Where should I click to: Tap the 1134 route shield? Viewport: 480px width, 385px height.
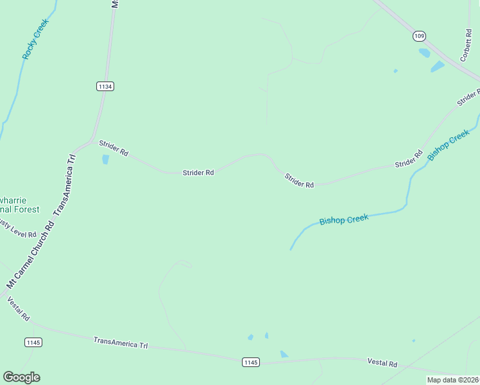[106, 86]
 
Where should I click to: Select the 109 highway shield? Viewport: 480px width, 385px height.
[419, 37]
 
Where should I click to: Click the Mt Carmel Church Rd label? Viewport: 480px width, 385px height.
[30, 255]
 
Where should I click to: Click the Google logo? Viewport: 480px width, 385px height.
[21, 377]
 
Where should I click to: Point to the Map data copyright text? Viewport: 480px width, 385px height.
[452, 380]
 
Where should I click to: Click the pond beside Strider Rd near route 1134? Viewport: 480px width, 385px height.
[105, 159]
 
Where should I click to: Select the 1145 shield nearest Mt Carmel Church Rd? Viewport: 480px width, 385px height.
[33, 342]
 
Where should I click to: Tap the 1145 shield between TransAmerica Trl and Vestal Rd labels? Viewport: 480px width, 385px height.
[251, 363]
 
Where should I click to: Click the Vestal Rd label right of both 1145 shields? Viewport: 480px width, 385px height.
[382, 363]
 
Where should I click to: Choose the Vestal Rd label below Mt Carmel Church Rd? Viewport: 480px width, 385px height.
[18, 309]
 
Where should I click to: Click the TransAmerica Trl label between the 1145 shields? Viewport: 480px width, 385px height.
[120, 343]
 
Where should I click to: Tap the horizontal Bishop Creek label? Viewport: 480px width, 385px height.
[344, 220]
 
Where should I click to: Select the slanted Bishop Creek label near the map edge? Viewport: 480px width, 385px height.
[449, 145]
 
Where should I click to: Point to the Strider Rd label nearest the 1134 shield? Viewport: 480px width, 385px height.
[114, 149]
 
